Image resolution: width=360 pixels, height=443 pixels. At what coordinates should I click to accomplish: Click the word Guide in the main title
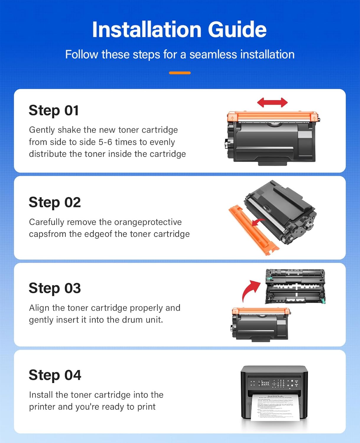[237, 30]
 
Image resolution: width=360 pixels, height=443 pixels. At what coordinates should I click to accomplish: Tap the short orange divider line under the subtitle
[180, 73]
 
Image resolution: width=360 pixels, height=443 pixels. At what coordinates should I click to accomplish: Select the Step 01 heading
[54, 111]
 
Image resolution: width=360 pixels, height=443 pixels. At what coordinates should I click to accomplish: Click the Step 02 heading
[55, 203]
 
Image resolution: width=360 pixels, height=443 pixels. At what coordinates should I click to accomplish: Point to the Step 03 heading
[55, 288]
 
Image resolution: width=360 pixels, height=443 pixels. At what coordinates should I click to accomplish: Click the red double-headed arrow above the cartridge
[272, 102]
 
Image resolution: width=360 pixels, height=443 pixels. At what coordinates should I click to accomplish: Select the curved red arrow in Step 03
[250, 290]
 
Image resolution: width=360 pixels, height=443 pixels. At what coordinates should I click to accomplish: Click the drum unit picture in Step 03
[295, 286]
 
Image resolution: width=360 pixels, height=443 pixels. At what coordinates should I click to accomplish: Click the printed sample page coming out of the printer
[275, 408]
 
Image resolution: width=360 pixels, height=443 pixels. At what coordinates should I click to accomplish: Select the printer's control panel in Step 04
[274, 383]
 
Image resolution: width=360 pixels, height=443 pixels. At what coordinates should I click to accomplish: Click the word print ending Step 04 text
[146, 407]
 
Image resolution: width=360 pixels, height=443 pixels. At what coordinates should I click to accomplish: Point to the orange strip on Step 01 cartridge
[273, 117]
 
